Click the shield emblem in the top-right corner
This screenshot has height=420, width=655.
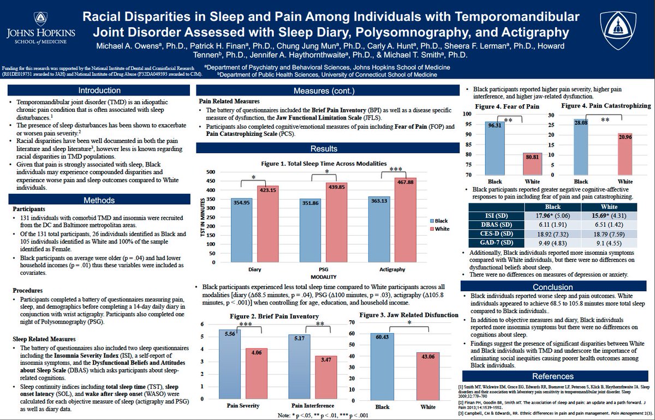pos(620,31)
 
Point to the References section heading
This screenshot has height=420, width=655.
pos(553,376)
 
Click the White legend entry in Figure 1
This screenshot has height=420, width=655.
pos(440,229)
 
